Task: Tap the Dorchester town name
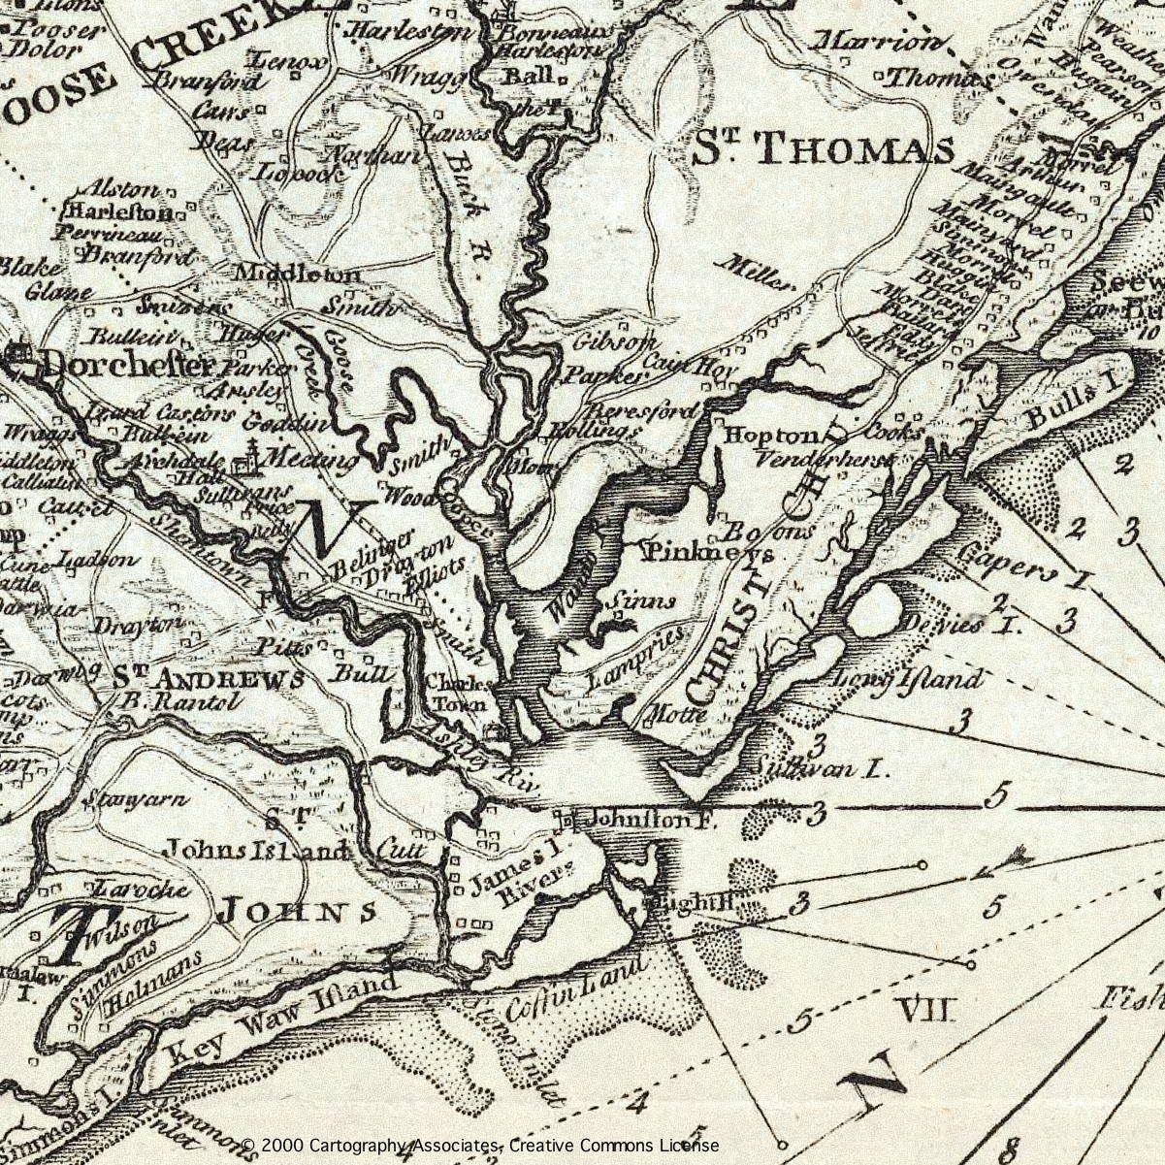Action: pyautogui.click(x=126, y=366)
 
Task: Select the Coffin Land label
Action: pyautogui.click(x=576, y=989)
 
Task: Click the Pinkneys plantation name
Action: pyautogui.click(x=709, y=553)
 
